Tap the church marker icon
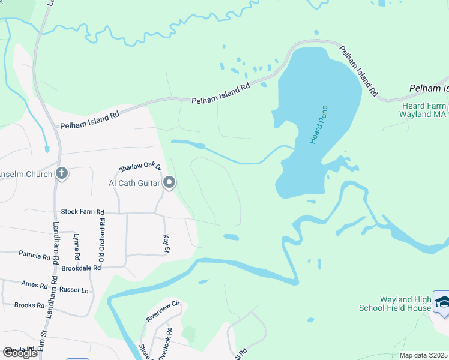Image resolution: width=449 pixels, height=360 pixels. pyautogui.click(x=61, y=173)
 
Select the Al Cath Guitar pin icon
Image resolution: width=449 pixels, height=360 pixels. pyautogui.click(x=169, y=182)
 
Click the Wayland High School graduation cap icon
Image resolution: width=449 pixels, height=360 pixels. pyautogui.click(x=442, y=303)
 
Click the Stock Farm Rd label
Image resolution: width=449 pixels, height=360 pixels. pyautogui.click(x=83, y=212)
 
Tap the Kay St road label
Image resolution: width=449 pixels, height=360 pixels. pyautogui.click(x=167, y=244)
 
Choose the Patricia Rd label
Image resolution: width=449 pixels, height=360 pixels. pyautogui.click(x=34, y=256)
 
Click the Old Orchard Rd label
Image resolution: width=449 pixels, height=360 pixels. pyautogui.click(x=102, y=241)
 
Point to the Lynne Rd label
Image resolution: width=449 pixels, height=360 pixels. pyautogui.click(x=76, y=247)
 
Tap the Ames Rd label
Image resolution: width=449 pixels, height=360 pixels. pyautogui.click(x=34, y=284)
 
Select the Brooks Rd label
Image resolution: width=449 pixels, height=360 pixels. pyautogui.click(x=29, y=305)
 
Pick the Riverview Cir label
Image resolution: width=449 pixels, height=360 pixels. pyautogui.click(x=164, y=311)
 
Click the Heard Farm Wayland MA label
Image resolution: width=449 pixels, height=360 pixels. pyautogui.click(x=424, y=110)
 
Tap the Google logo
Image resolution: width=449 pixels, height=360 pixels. pyautogui.click(x=20, y=353)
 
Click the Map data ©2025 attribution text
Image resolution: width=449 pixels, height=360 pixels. pyautogui.click(x=424, y=356)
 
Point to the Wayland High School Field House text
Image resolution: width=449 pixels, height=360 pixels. pyautogui.click(x=394, y=304)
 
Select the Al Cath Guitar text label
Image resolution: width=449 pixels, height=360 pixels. pyautogui.click(x=134, y=183)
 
